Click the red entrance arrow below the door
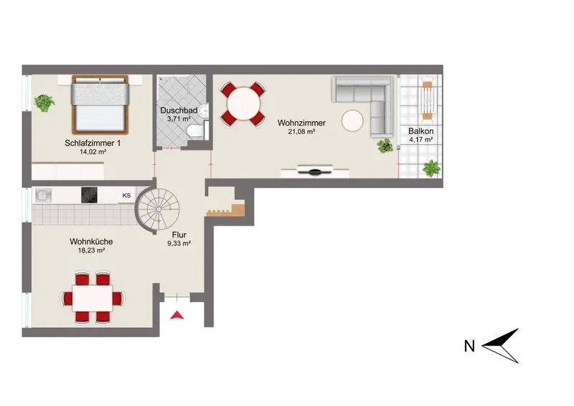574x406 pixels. tap(177, 315)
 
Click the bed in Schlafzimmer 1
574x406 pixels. tap(100, 104)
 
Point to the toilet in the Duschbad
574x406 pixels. tap(194, 131)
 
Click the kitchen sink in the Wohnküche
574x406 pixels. tap(44, 195)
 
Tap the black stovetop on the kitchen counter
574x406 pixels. tap(89, 195)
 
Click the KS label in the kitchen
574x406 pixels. tap(126, 196)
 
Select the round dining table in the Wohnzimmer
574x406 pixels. tap(243, 103)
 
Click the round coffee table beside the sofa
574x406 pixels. tap(352, 121)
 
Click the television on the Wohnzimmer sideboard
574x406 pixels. tap(315, 171)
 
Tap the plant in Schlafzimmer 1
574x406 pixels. tap(44, 103)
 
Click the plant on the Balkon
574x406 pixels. tap(432, 169)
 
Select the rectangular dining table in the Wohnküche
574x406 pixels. tap(93, 298)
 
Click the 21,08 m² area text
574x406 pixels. tap(301, 132)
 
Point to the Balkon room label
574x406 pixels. tap(421, 131)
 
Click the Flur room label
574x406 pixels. tap(179, 235)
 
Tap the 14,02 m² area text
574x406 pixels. tap(93, 152)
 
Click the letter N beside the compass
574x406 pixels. tap(469, 346)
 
